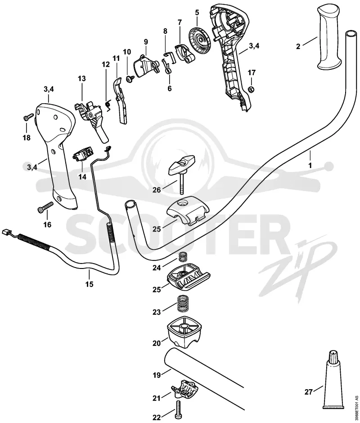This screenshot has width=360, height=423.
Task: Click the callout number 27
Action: tap(309, 392)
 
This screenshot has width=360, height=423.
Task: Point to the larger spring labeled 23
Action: tap(182, 303)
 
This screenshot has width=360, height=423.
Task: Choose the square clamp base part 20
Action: tap(184, 332)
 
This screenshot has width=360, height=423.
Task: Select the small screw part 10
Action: tap(130, 78)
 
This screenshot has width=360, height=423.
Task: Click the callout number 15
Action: tap(90, 284)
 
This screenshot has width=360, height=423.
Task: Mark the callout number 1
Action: tap(310, 165)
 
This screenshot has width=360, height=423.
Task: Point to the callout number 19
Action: tap(157, 375)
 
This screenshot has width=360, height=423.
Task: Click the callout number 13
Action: tap(82, 78)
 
